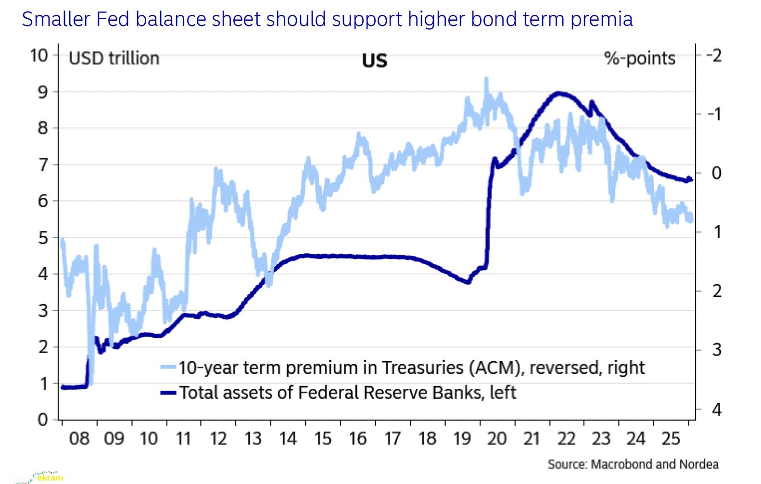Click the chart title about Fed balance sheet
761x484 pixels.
pyautogui.click(x=327, y=19)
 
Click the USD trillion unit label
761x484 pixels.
pyautogui.click(x=114, y=58)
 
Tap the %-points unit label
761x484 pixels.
pyautogui.click(x=640, y=58)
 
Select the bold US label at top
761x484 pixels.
pyautogui.click(x=374, y=61)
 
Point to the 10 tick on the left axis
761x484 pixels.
pyautogui.click(x=39, y=55)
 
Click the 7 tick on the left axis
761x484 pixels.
pyautogui.click(x=43, y=165)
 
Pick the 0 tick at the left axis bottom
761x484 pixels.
pyautogui.click(x=43, y=419)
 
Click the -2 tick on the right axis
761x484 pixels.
pyautogui.click(x=714, y=55)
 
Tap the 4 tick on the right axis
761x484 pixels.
pyautogui.click(x=717, y=409)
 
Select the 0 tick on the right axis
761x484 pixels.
pyautogui.click(x=717, y=173)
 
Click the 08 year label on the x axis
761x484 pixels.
pyautogui.click(x=79, y=439)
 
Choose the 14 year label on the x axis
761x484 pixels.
pyautogui.click(x=288, y=439)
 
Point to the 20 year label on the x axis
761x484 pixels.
pyautogui.click(x=496, y=439)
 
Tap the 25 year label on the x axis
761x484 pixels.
pyautogui.click(x=671, y=439)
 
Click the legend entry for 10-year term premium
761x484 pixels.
pyautogui.click(x=411, y=368)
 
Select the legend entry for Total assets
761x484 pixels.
pyautogui.click(x=347, y=393)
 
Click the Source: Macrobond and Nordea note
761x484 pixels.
pyautogui.click(x=633, y=464)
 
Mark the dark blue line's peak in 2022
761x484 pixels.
pyautogui.click(x=558, y=93)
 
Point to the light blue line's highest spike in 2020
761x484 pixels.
pyautogui.click(x=486, y=78)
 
